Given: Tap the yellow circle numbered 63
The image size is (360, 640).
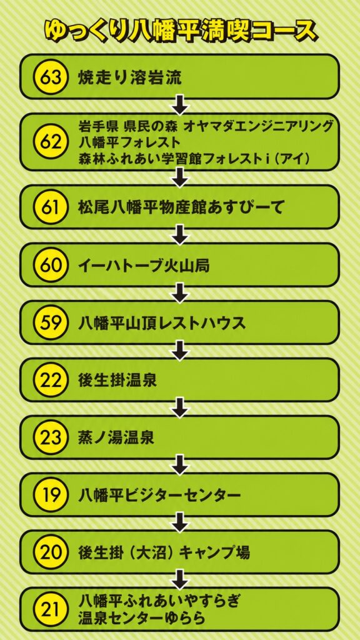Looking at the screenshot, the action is (50, 77).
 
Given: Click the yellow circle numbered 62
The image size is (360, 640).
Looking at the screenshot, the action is (50, 142).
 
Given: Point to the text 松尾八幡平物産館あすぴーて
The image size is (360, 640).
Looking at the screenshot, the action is (181, 207).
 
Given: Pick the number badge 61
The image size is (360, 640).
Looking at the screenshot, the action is (50, 207).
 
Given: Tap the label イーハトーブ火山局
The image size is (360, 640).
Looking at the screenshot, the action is (144, 265).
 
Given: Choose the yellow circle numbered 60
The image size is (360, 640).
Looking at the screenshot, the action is (50, 265).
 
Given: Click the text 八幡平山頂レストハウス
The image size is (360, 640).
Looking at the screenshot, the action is (162, 323).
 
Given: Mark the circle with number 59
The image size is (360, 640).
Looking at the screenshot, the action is (50, 323).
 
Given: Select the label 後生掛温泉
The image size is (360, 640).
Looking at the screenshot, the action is (117, 381).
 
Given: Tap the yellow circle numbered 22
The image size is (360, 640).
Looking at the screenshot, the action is (50, 381).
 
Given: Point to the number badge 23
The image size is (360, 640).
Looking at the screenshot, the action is (50, 438).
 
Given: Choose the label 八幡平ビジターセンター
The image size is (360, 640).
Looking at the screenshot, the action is (159, 496).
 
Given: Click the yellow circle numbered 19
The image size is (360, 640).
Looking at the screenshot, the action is (50, 496).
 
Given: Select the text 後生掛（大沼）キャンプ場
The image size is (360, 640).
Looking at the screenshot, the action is (164, 553).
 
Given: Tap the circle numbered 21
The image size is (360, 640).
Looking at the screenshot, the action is (50, 610).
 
